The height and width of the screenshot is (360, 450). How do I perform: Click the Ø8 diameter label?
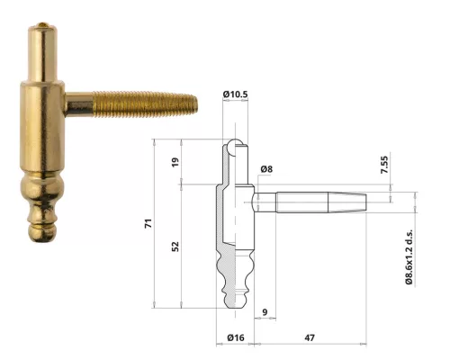266,168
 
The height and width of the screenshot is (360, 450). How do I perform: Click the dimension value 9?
263,312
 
